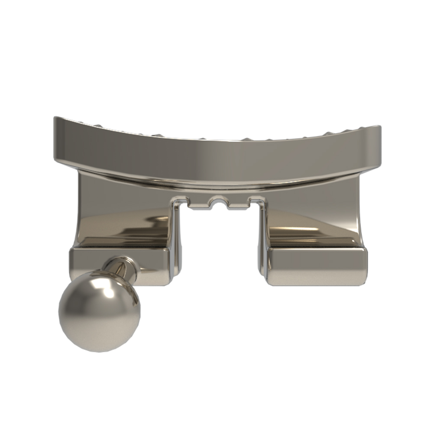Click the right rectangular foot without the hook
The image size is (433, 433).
pyautogui.click(x=317, y=266)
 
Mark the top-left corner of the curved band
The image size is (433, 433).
pyautogui.click(x=55, y=118)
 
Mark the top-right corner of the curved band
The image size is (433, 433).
pyautogui.click(x=379, y=128)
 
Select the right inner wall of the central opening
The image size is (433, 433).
pyautogui.click(x=262, y=242)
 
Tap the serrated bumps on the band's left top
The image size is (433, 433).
pyautogui.click(x=100, y=125)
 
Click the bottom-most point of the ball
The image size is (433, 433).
pyautogui.click(x=99, y=351)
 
